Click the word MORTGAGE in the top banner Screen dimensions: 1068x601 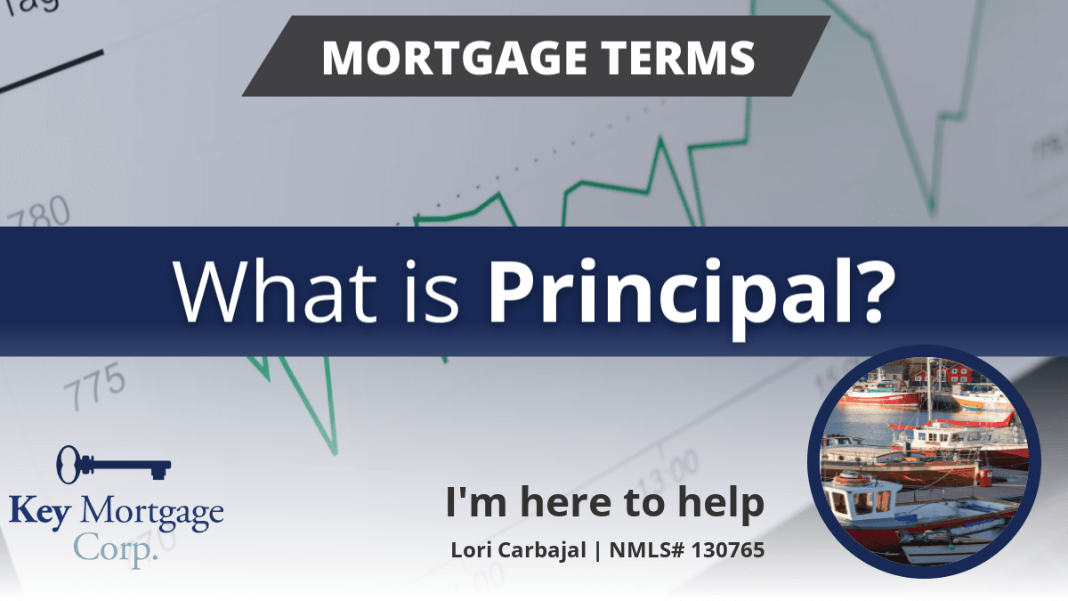point(455,57)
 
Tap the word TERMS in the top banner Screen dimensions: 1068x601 point(677,57)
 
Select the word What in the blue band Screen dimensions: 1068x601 point(275,291)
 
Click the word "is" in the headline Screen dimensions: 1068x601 point(432,291)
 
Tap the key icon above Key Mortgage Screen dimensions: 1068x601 point(114,465)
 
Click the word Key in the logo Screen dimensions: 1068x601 point(40,512)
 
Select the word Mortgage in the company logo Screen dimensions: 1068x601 point(152,514)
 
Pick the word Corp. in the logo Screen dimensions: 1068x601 point(116,548)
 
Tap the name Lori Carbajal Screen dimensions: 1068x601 point(518,550)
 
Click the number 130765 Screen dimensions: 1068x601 point(728,550)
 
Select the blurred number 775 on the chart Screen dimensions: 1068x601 point(95,386)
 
